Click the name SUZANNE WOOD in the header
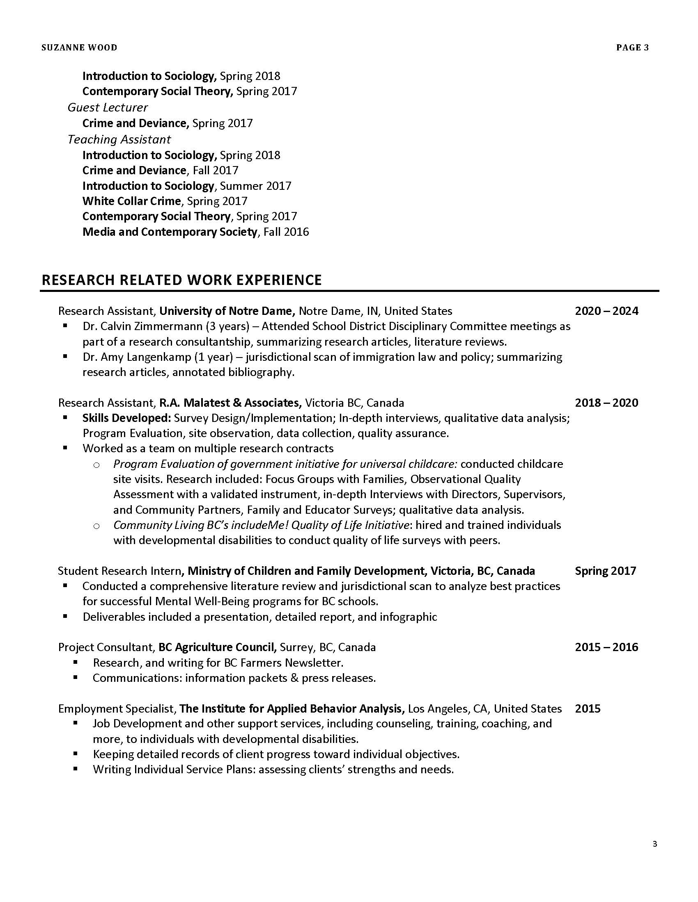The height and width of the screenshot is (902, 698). pos(79,48)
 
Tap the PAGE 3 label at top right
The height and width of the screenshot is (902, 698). pos(632,48)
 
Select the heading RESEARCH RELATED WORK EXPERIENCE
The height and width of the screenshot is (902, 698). pos(181,280)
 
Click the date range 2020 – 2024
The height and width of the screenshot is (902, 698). pos(606,311)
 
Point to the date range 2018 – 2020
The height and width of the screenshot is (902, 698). pos(606,403)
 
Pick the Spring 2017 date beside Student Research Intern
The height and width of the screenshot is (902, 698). pos(605,571)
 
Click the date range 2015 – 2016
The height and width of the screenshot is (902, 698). pos(606,647)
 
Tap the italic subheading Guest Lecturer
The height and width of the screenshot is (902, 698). pos(108,107)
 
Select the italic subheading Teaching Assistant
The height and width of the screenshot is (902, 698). pos(119,139)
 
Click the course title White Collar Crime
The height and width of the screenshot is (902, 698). pos(131,201)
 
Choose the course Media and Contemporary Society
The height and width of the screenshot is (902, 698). pos(170,232)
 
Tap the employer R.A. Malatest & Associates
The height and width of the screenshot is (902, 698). pos(230,403)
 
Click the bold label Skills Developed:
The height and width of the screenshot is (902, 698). pos(126,418)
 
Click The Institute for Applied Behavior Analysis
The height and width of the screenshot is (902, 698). pos(292,709)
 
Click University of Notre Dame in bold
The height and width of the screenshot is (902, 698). pos(227,311)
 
